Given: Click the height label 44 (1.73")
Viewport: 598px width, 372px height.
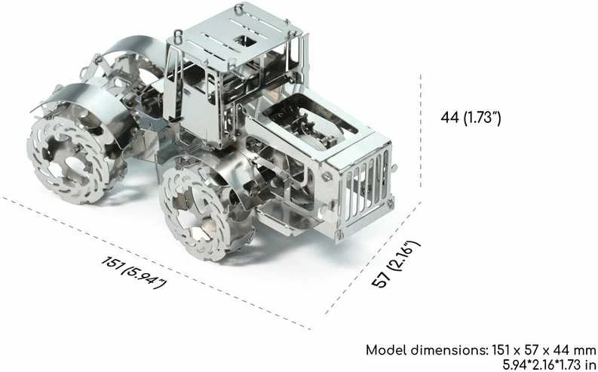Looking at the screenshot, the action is pyautogui.click(x=471, y=118).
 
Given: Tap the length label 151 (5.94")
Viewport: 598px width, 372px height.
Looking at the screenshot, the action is pyautogui.click(x=134, y=272).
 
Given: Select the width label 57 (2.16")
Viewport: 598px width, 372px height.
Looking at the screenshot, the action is pyautogui.click(x=396, y=264).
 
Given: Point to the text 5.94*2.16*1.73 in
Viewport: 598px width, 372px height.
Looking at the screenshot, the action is pyautogui.click(x=549, y=364).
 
